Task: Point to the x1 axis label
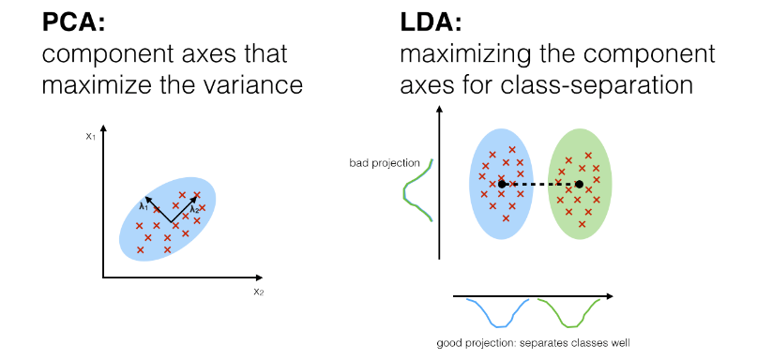coord(90,135)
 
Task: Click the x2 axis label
coord(258,292)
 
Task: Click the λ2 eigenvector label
coord(195,209)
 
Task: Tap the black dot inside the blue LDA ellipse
coord(503,184)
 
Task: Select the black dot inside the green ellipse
coord(579,184)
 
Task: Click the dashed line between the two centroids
coord(541,184)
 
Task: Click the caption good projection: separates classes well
coord(533,342)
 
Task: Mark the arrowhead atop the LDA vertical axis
coord(438,112)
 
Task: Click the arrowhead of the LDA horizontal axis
coord(611,296)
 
